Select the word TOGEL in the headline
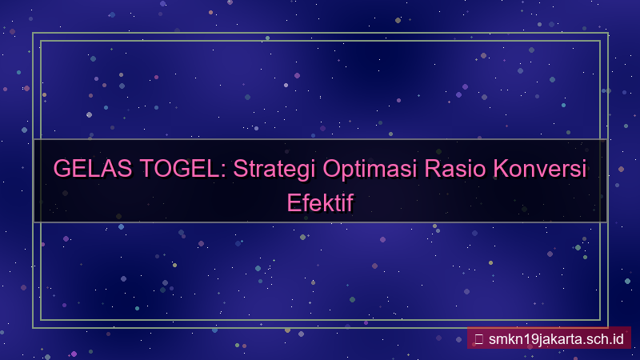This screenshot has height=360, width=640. click(178, 170)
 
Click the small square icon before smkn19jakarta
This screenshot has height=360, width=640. click(478, 338)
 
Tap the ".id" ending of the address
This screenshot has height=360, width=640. click(616, 338)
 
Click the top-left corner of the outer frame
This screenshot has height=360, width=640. click(33, 34)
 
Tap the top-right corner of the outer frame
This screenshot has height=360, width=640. click(607, 34)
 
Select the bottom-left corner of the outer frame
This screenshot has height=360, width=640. click(33, 327)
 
